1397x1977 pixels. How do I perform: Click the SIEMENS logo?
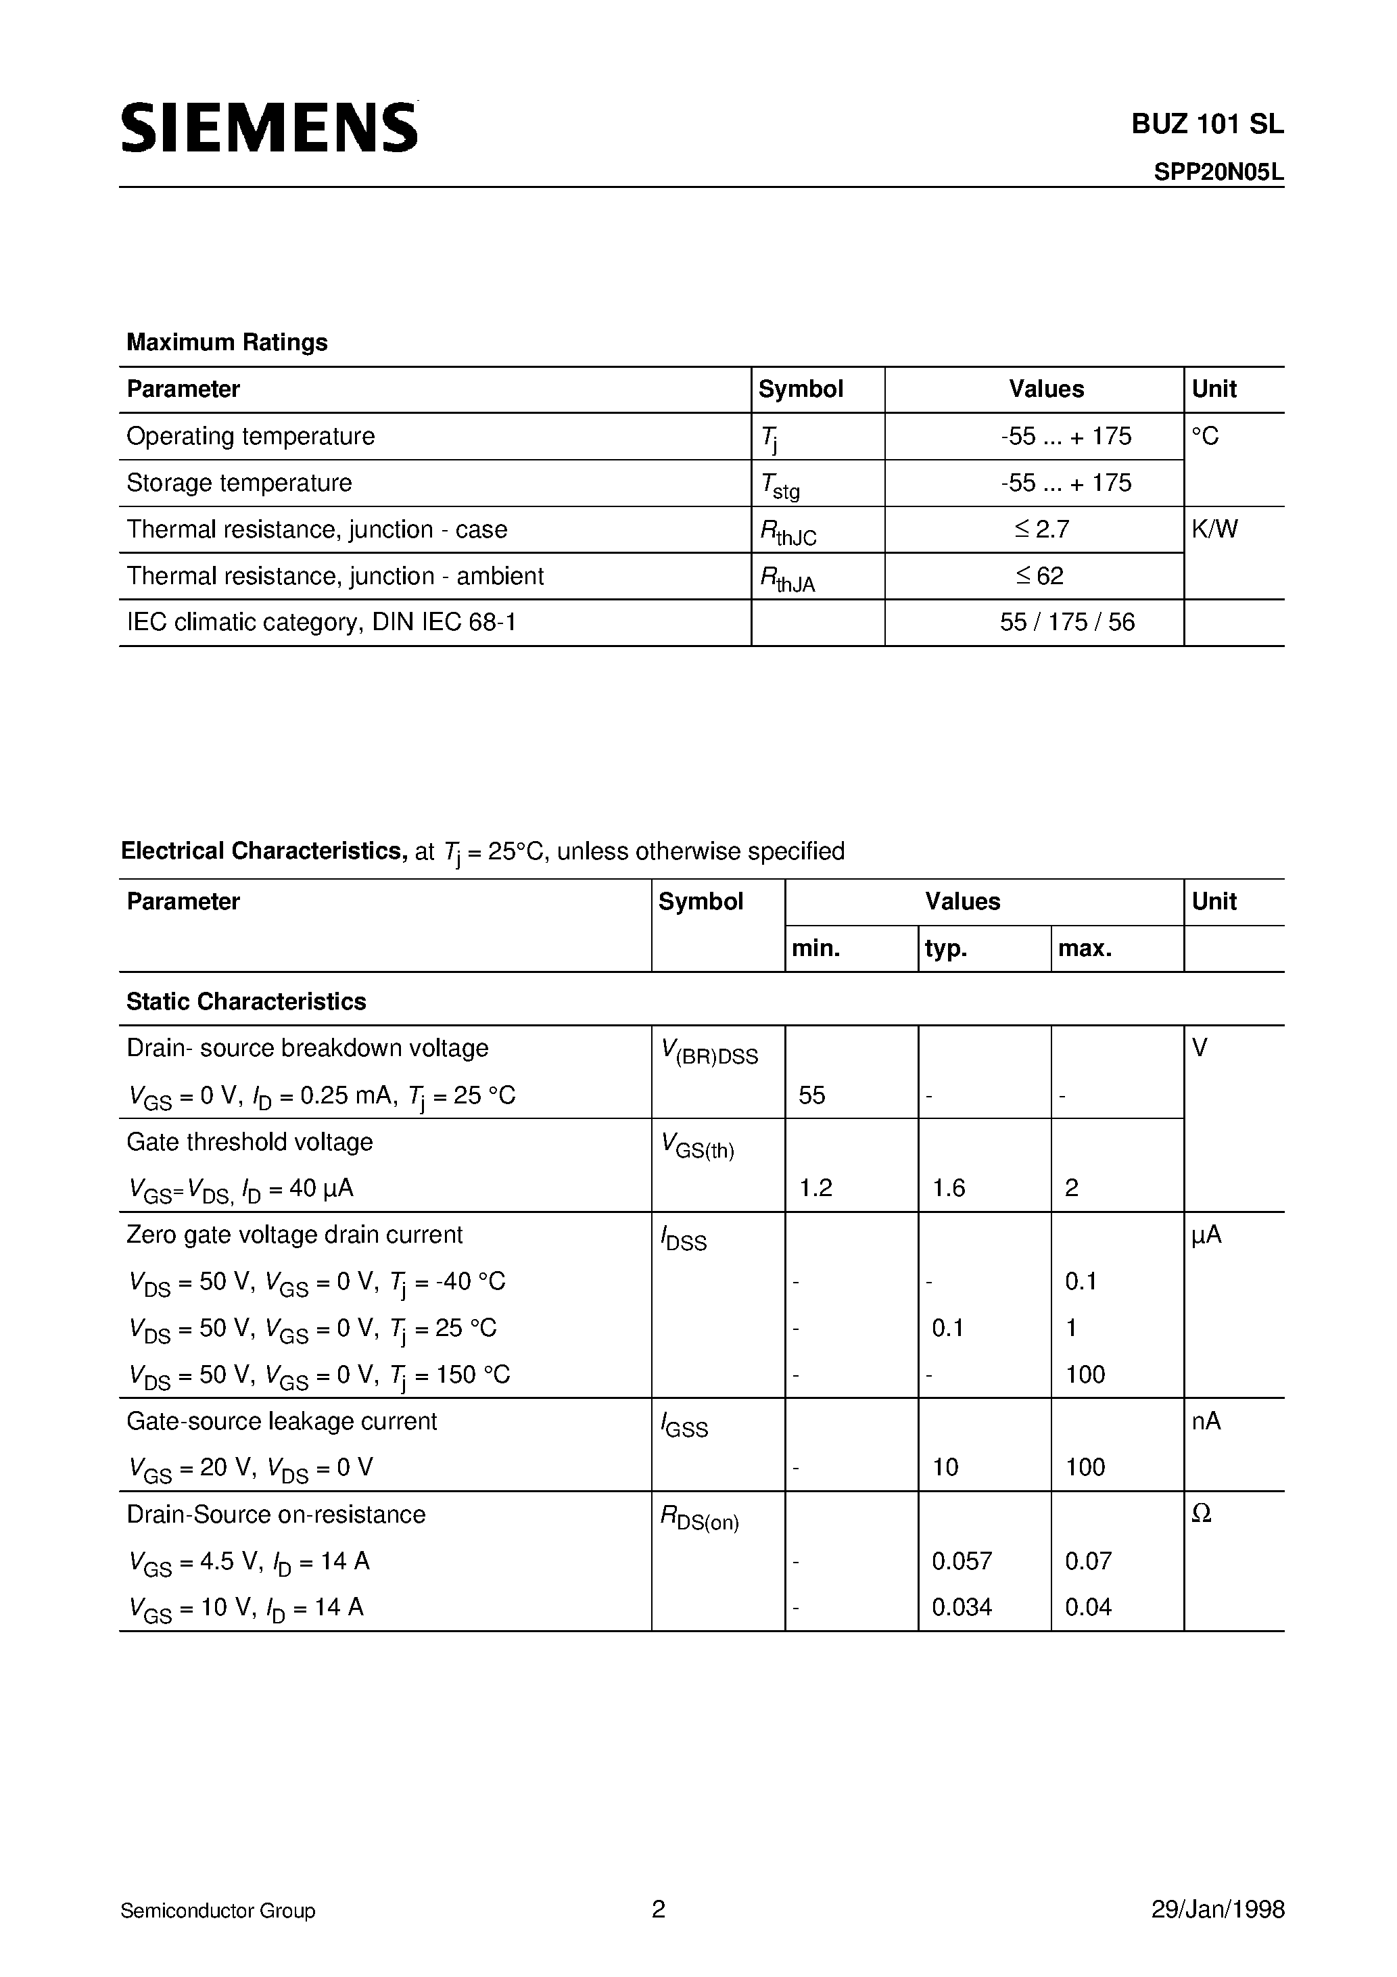pyautogui.click(x=268, y=127)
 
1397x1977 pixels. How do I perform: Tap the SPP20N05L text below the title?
pyautogui.click(x=1218, y=172)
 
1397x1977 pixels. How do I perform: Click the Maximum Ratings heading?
pyautogui.click(x=227, y=343)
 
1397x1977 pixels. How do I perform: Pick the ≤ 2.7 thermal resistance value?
pyautogui.click(x=1041, y=529)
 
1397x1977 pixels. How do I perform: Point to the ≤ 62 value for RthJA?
pyautogui.click(x=1039, y=576)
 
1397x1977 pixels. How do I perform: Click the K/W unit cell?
pyautogui.click(x=1214, y=529)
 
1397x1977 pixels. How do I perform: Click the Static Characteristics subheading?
pyautogui.click(x=246, y=1001)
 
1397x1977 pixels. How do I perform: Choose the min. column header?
pyautogui.click(x=815, y=949)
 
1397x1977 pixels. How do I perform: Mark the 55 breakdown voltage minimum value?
pyautogui.click(x=811, y=1095)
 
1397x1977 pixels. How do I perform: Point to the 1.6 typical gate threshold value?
pyautogui.click(x=948, y=1188)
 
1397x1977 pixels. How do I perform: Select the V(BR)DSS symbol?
pyautogui.click(x=709, y=1051)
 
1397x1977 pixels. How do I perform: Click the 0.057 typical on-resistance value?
pyautogui.click(x=962, y=1561)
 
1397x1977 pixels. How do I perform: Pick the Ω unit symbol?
pyautogui.click(x=1202, y=1515)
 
